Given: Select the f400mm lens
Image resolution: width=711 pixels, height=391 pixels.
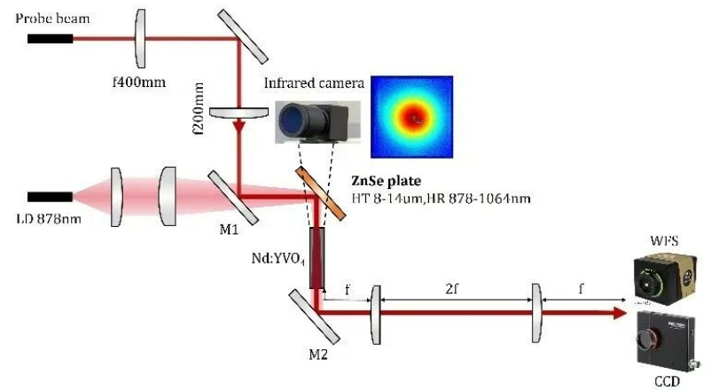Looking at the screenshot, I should (140, 38).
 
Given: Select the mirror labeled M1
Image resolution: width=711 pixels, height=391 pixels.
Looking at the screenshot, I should (233, 196).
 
